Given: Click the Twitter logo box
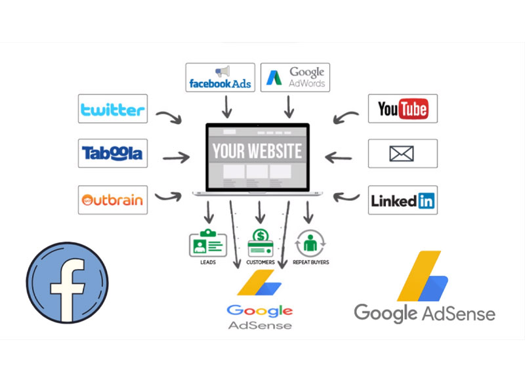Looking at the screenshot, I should (x=112, y=109).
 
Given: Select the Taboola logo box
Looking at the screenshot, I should (x=112, y=154).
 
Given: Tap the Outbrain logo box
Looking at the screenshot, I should (x=112, y=200).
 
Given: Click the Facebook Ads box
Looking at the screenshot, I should (x=220, y=77).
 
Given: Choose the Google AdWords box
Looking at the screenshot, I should (x=295, y=77).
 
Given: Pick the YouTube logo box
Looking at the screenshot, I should (x=402, y=109).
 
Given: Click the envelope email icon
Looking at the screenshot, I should (x=402, y=154).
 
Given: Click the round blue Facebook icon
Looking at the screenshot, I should (x=68, y=283).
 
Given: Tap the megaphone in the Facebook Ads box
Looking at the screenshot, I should (x=222, y=72).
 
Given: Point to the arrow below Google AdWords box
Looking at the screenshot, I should (x=287, y=104).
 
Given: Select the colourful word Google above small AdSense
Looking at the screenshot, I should (x=259, y=310).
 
